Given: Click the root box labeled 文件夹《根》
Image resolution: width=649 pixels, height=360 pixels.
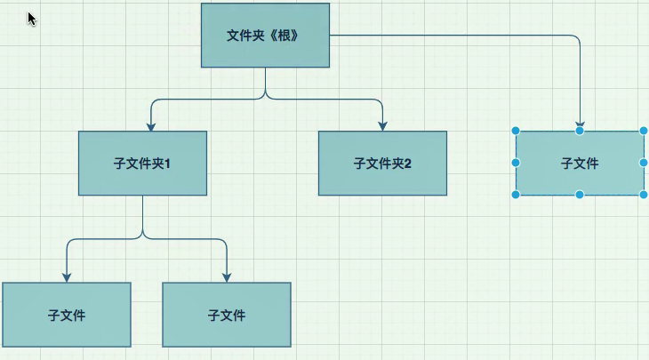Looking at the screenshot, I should (265, 36).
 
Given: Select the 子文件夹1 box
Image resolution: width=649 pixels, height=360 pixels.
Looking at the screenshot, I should (142, 164).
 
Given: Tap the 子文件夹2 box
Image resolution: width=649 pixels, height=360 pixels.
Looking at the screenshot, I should (382, 164).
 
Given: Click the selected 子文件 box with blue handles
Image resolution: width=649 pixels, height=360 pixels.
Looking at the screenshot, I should (580, 164).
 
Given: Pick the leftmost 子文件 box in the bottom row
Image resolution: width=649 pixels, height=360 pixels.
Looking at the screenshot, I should (67, 315).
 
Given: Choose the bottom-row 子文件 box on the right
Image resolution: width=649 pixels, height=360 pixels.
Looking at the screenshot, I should (227, 315).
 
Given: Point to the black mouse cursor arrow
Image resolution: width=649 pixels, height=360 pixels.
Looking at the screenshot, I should (32, 19).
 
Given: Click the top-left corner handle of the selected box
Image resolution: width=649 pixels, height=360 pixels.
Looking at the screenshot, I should (516, 132).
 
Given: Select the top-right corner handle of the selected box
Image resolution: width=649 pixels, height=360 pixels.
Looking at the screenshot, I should (644, 132).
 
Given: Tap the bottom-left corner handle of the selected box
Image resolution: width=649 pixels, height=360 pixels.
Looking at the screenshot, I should (516, 195).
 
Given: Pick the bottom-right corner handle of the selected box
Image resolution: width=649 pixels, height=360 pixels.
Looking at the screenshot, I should (644, 195).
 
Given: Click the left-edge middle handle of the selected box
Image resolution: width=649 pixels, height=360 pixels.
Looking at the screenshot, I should (516, 163).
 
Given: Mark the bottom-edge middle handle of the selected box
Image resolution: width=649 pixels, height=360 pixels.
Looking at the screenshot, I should (580, 195).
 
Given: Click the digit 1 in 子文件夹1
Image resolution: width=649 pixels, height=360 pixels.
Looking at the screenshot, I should (167, 164).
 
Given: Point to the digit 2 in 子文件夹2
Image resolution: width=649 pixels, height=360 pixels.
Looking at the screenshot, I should (408, 164).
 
